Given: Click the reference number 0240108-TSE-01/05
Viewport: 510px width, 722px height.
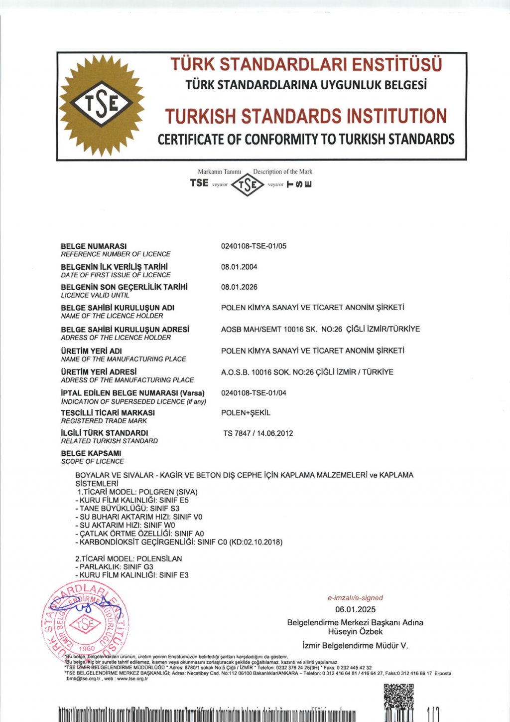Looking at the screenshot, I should tap(254, 246).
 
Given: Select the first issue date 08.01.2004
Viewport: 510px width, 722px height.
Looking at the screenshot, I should tap(239, 267).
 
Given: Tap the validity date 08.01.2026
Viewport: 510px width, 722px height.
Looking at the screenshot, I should tap(239, 287).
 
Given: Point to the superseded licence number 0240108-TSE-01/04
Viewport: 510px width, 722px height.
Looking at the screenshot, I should tap(254, 393).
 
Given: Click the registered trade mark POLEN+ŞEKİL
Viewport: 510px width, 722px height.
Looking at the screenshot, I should tap(246, 413).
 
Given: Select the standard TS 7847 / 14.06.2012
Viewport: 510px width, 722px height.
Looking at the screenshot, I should tap(258, 433).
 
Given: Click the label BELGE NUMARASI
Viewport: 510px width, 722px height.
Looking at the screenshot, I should tap(94, 246).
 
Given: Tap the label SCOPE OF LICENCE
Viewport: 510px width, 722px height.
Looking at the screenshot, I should tap(92, 461).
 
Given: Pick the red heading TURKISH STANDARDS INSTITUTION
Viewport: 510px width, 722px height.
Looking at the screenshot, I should tap(306, 116).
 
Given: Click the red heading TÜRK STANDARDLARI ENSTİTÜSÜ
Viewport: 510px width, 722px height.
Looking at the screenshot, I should tap(306, 65).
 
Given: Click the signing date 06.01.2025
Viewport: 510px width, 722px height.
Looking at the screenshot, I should tap(355, 609).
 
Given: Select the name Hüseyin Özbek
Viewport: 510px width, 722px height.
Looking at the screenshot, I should tap(355, 631).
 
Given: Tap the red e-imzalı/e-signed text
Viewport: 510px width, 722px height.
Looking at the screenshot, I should tap(355, 597).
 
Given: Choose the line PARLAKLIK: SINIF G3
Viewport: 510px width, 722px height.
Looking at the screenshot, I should tap(114, 567).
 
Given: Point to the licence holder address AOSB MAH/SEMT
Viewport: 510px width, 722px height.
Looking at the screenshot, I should tap(320, 329).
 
